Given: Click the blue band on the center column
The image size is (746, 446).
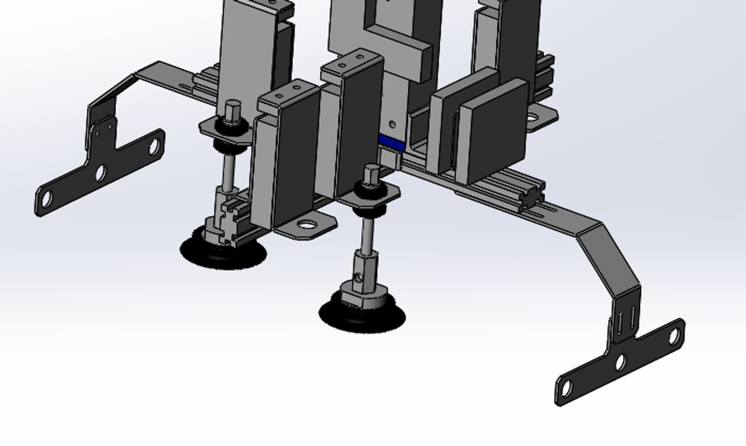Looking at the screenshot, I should (x=391, y=142).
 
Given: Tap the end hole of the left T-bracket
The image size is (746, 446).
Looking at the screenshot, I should (x=47, y=199).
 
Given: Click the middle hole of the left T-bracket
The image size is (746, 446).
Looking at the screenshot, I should (x=100, y=173).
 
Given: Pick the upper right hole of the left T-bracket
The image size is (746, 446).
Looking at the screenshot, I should (x=154, y=147).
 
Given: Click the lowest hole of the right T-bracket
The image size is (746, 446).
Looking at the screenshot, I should (x=567, y=388).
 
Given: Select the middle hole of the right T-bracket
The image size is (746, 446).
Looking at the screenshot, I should (x=620, y=363).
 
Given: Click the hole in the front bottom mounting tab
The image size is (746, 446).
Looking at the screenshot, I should (x=306, y=225).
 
